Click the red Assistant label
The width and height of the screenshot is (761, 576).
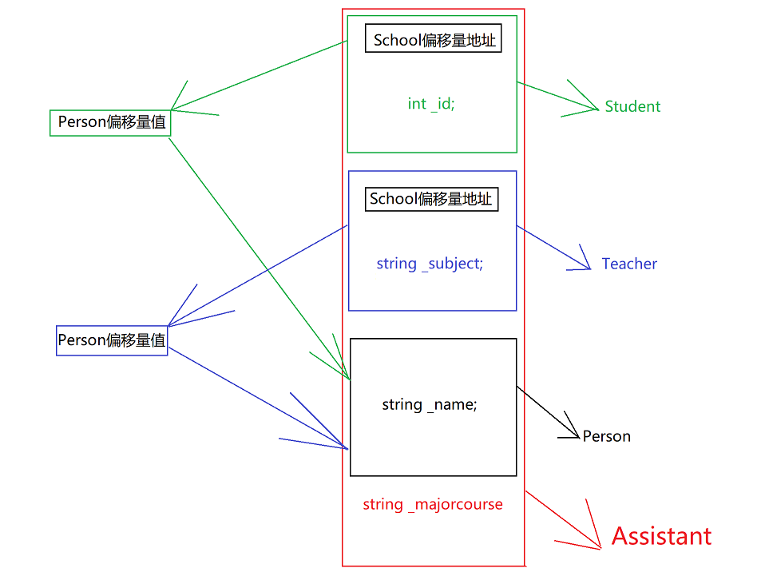661,536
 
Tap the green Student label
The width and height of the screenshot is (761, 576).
632,106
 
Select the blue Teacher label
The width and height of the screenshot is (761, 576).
629,264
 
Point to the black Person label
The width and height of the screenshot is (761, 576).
607,436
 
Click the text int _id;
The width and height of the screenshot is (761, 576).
431,104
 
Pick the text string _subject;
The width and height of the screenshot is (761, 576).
430,264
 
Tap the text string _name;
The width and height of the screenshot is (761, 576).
430,404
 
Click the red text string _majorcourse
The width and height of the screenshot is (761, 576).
433,504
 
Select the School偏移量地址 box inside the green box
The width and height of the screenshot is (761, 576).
433,40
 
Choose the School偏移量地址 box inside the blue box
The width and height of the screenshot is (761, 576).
431,199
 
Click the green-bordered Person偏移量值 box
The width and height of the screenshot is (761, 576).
110,123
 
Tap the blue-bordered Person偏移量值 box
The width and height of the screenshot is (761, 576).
112,340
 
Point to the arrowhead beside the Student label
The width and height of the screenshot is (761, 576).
594,107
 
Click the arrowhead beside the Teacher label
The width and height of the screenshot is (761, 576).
588,267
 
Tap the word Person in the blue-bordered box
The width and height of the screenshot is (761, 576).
81,340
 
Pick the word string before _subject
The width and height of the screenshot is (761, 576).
396,264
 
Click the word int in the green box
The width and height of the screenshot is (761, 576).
417,104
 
